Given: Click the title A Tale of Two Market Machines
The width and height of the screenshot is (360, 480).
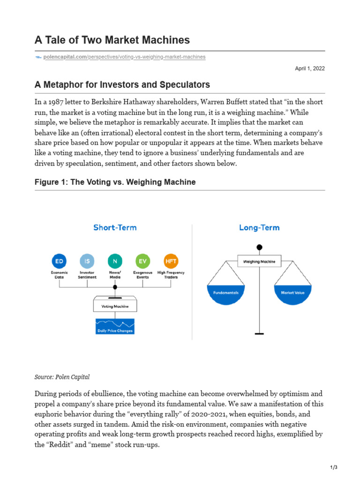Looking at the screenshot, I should click(112, 40).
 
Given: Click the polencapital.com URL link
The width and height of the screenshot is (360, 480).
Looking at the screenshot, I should click(124, 57).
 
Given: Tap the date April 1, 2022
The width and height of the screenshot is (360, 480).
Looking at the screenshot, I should click(309, 68).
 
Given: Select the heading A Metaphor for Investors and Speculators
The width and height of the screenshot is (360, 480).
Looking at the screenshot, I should click(122, 85).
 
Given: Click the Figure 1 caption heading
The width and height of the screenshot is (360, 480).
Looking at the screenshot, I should click(115, 182).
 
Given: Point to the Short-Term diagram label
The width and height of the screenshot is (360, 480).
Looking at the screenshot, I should click(115, 228).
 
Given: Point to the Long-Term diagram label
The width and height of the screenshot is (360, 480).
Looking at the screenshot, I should click(259, 228).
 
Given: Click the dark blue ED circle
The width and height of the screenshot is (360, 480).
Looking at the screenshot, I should click(59, 261).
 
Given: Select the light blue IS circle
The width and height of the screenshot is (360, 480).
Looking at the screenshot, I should click(87, 261).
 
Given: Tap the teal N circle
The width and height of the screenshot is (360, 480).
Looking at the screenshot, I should click(115, 261).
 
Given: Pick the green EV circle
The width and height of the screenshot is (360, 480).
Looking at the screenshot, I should click(142, 261).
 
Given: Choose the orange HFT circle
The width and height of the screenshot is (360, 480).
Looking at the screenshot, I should click(171, 261).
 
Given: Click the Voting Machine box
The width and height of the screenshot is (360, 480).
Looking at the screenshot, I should click(115, 306).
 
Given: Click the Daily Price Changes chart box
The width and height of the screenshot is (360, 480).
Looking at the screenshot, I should click(115, 326).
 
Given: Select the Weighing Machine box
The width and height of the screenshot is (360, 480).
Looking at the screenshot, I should click(259, 261).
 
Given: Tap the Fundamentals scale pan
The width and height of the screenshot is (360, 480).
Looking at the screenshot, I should click(226, 294).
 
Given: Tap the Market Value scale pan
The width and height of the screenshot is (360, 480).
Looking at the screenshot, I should click(292, 294).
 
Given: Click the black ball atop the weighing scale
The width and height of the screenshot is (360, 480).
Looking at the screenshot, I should click(259, 247).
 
